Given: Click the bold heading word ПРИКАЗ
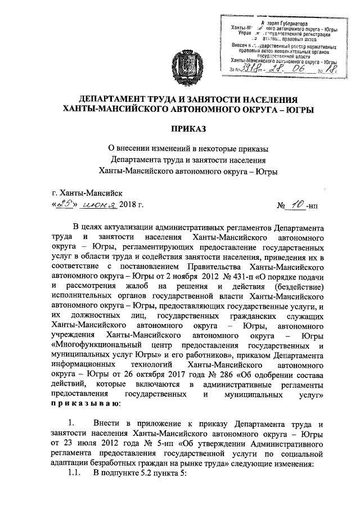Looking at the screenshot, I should (181, 129).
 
